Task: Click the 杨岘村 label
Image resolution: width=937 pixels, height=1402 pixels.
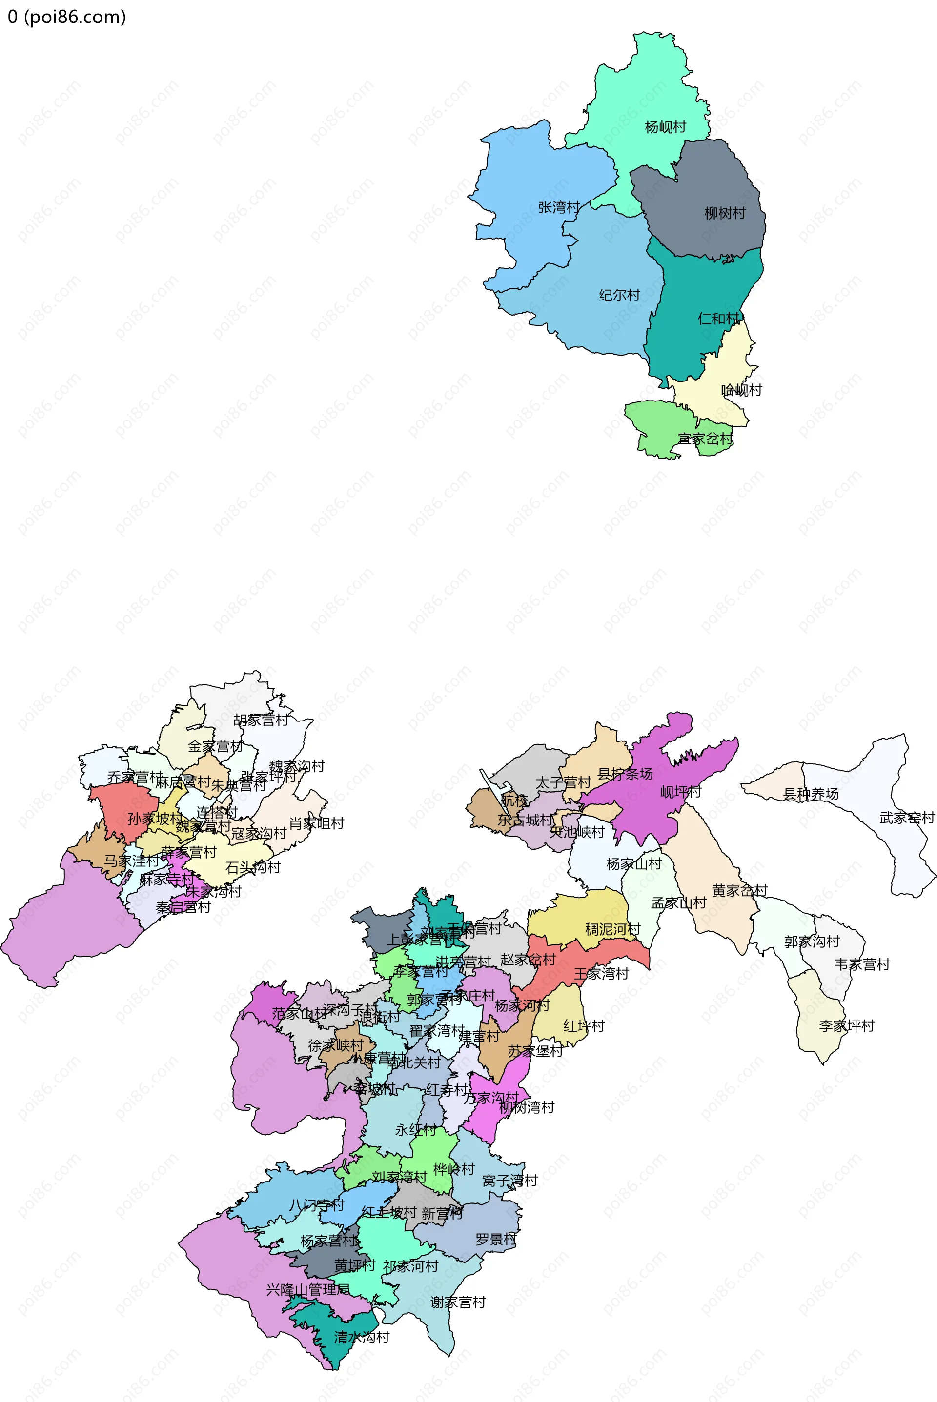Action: [x=665, y=127]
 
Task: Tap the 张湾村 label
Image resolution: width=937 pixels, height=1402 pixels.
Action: [x=559, y=207]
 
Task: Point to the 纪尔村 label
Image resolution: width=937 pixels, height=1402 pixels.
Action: [x=619, y=295]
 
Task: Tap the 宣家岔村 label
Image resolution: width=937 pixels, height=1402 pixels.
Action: [x=705, y=439]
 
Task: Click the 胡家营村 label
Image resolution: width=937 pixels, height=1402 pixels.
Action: [x=261, y=720]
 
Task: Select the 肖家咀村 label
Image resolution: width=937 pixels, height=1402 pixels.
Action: [x=317, y=823]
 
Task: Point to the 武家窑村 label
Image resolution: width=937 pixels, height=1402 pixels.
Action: [x=907, y=818]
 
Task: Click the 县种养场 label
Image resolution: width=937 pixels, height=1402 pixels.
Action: [x=811, y=794]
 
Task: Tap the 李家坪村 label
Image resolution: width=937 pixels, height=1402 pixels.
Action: [x=847, y=1026]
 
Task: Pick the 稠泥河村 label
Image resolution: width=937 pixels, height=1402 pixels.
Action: [x=612, y=929]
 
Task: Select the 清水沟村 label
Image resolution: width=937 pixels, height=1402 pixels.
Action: [x=362, y=1337]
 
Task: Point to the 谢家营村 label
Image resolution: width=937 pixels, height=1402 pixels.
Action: [x=458, y=1302]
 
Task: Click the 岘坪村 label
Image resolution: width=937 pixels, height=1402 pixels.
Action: [x=680, y=792]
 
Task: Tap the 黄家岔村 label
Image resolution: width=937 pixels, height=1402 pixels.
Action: [x=739, y=890]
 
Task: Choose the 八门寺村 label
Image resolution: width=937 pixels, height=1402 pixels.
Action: [x=317, y=1205]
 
